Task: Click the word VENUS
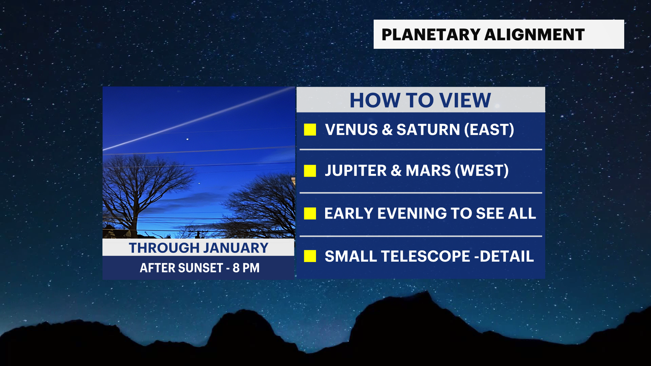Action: (351, 129)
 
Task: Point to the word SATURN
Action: (428, 129)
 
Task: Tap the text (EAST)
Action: (489, 129)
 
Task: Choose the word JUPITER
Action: (356, 170)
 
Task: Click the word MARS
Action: (428, 170)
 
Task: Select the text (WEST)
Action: (482, 170)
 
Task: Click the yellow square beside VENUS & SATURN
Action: (310, 129)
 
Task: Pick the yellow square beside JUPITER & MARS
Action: (310, 171)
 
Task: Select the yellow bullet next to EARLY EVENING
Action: (310, 213)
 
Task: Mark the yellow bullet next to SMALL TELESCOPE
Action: (310, 256)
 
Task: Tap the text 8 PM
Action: (246, 268)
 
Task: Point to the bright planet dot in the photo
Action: (188, 139)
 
